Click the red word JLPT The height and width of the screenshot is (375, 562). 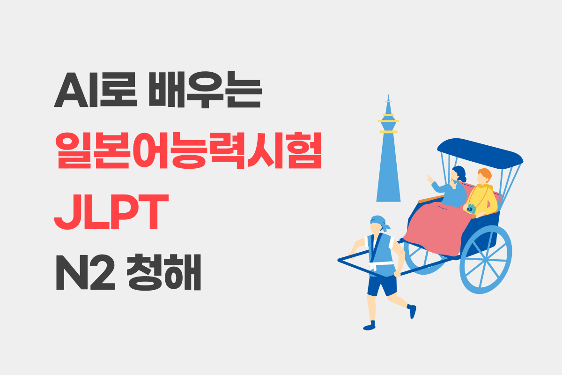coord(111,212)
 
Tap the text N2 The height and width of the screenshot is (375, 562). coord(85,272)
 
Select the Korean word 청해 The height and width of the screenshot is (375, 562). coord(163,272)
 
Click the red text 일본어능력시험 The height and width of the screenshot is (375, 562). coord(188,150)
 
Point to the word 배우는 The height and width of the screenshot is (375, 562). coord(205,90)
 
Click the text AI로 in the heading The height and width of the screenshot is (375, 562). coord(96,90)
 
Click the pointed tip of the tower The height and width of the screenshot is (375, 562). coord(388,95)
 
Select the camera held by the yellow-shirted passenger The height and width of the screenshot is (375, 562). coord(471,209)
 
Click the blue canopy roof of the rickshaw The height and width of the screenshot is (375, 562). coord(480,153)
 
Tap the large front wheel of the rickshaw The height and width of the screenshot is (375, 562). coord(486,260)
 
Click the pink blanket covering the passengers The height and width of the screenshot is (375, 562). coord(438,229)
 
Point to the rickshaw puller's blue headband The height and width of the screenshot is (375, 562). coord(379,222)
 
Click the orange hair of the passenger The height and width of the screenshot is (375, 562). coord(485,174)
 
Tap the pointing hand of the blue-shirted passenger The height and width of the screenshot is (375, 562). coord(430,179)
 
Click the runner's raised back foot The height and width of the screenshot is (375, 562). coord(412,311)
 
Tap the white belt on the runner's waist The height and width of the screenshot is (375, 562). coord(381,264)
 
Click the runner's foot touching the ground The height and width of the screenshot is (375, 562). coord(370,326)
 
